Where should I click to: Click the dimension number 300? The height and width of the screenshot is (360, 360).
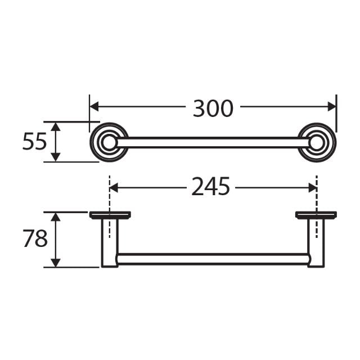pyautogui.click(x=213, y=108)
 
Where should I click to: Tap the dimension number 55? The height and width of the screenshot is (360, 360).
pyautogui.click(x=34, y=142)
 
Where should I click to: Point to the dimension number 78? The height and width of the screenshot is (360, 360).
pyautogui.click(x=35, y=239)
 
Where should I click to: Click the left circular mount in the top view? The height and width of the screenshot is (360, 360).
pyautogui.click(x=109, y=142)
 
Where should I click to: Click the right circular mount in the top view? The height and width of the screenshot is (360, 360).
pyautogui.click(x=317, y=142)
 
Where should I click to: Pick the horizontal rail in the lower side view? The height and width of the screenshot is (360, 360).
pyautogui.click(x=213, y=259)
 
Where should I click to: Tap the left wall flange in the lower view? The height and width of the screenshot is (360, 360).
pyautogui.click(x=110, y=214)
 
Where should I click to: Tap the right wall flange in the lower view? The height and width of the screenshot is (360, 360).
pyautogui.click(x=316, y=214)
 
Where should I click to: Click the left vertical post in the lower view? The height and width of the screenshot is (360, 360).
pyautogui.click(x=110, y=242)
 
